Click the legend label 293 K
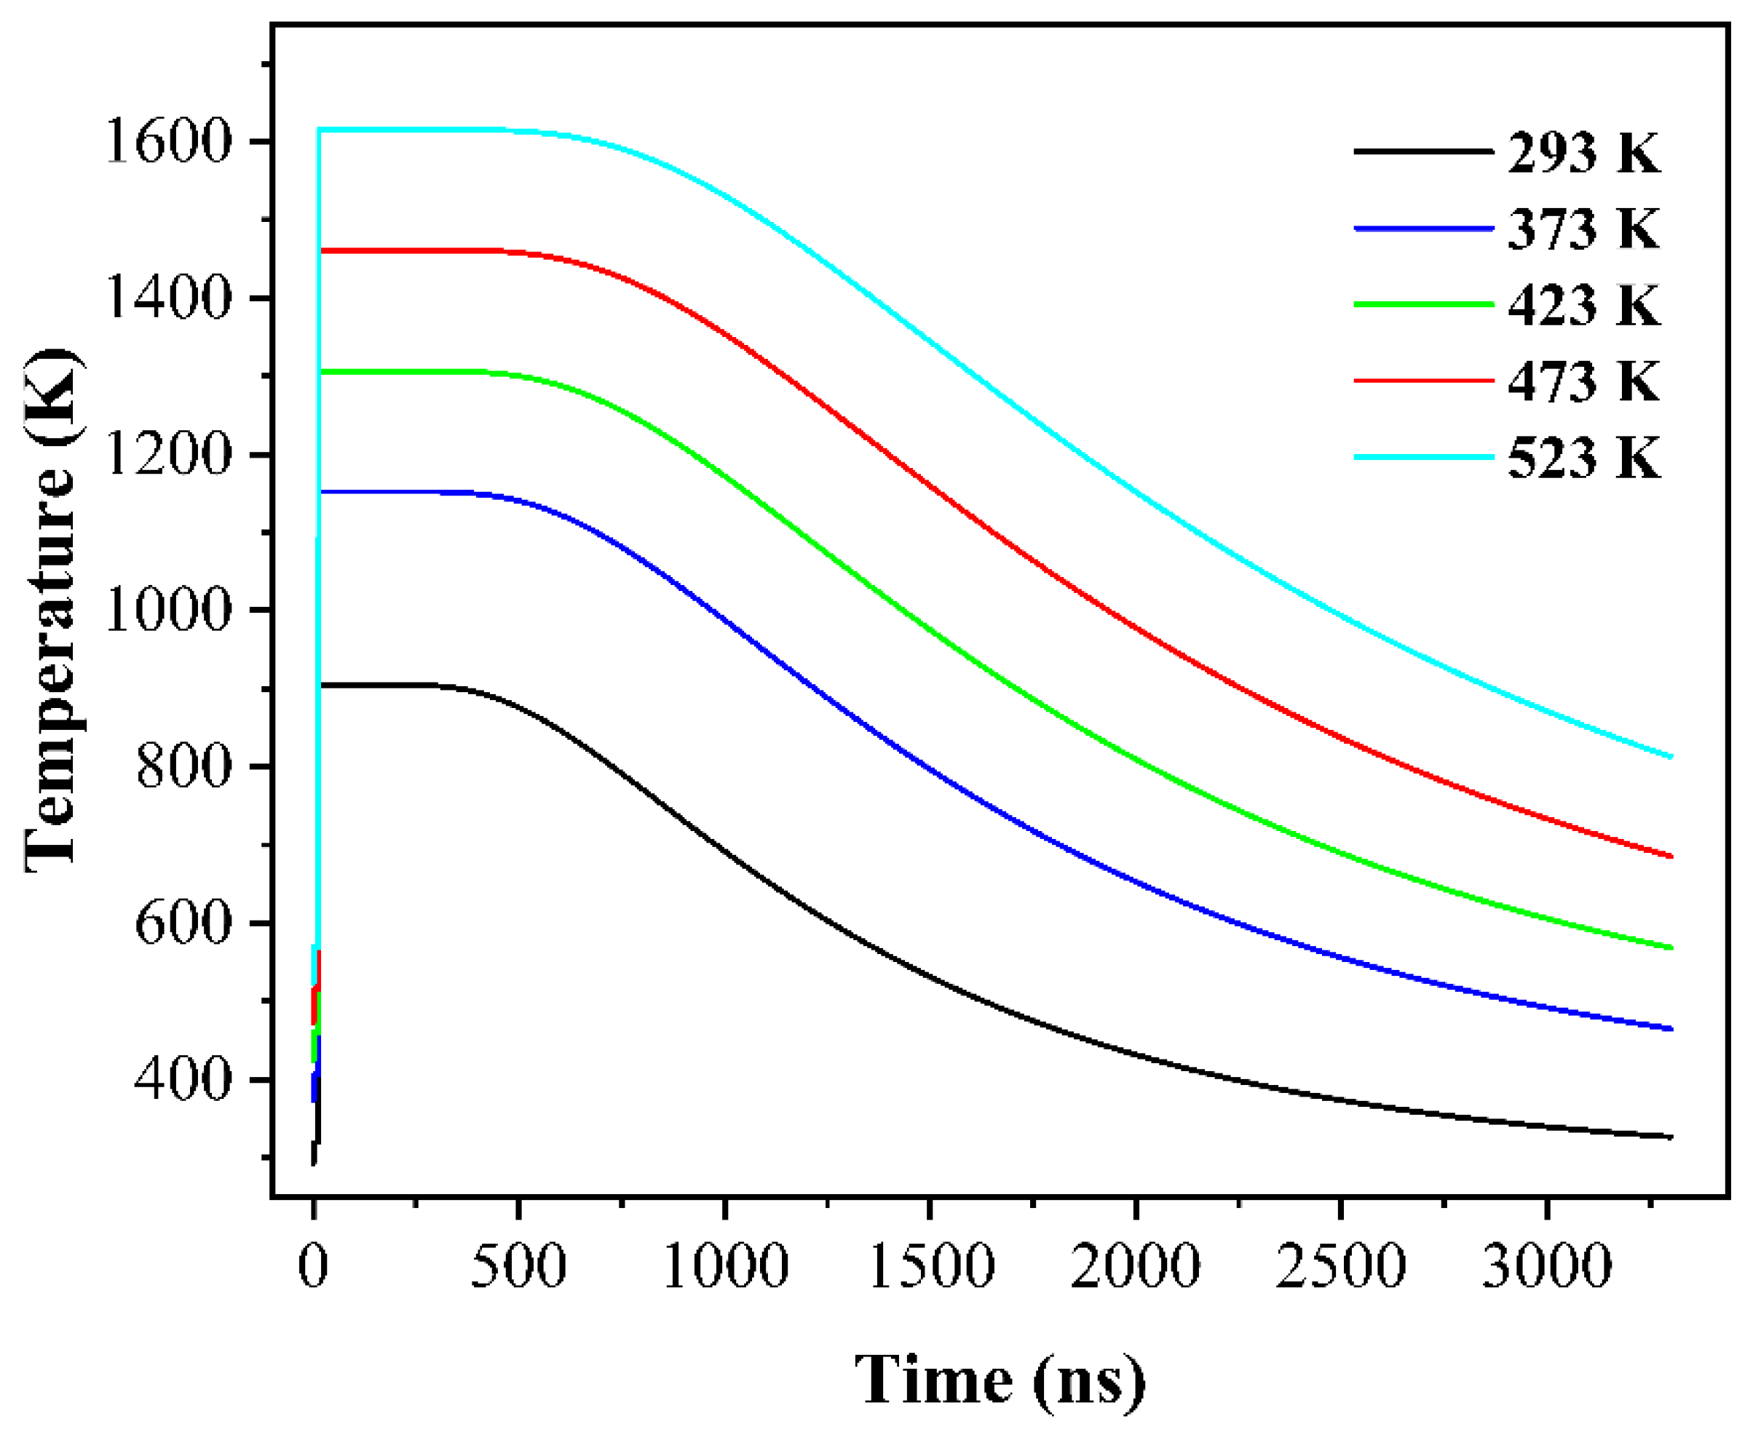[x=1583, y=153]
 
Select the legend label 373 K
[x=1583, y=229]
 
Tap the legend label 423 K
[x=1583, y=306]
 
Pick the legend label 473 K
[x=1583, y=382]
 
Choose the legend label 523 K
[x=1583, y=458]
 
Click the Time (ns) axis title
[x=1000, y=1379]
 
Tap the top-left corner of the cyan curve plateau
[x=319, y=130]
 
